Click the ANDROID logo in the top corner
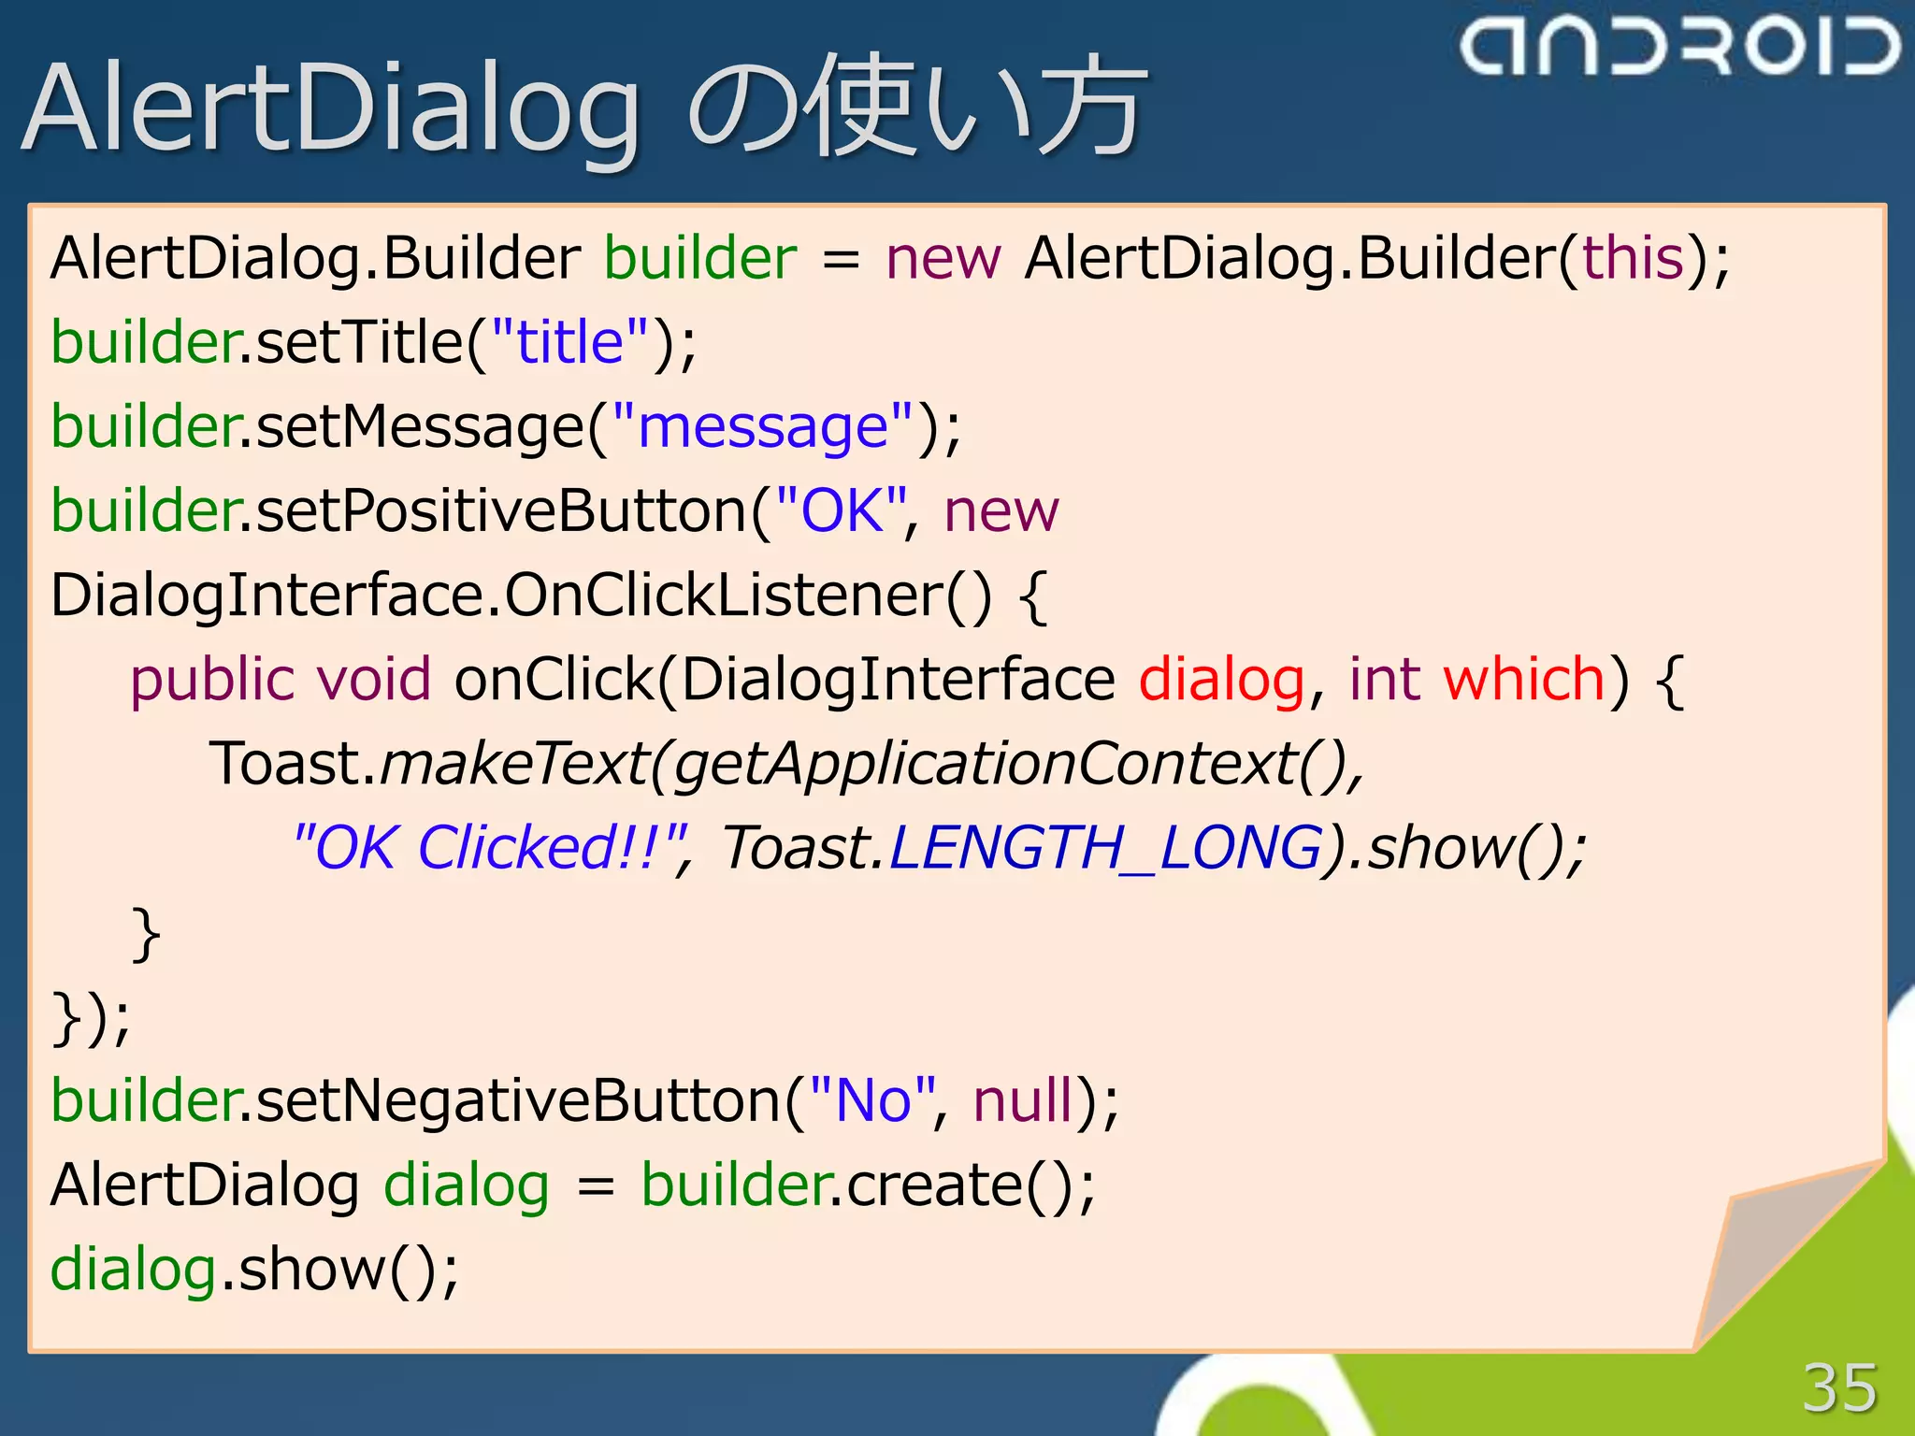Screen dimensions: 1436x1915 pyautogui.click(x=1679, y=47)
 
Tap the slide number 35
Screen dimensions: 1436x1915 pyautogui.click(x=1838, y=1387)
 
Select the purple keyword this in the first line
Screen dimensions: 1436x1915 pyautogui.click(x=1633, y=258)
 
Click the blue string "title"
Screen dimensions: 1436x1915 pyautogui.click(x=569, y=342)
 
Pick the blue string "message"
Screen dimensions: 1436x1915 pyautogui.click(x=761, y=427)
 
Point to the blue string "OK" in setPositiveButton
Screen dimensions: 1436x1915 pyautogui.click(x=842, y=511)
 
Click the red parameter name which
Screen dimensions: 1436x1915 pyautogui.click(x=1523, y=679)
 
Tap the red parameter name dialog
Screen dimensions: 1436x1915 pyautogui.click(x=1221, y=681)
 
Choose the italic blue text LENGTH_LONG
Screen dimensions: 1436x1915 pyautogui.click(x=1105, y=848)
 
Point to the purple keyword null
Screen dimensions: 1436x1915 pyautogui.click(x=1022, y=1100)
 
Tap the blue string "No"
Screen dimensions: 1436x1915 pyautogui.click(x=872, y=1100)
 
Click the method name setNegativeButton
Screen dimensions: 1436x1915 pyautogui.click(x=518, y=1100)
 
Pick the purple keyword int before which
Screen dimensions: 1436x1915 pyautogui.click(x=1384, y=679)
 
